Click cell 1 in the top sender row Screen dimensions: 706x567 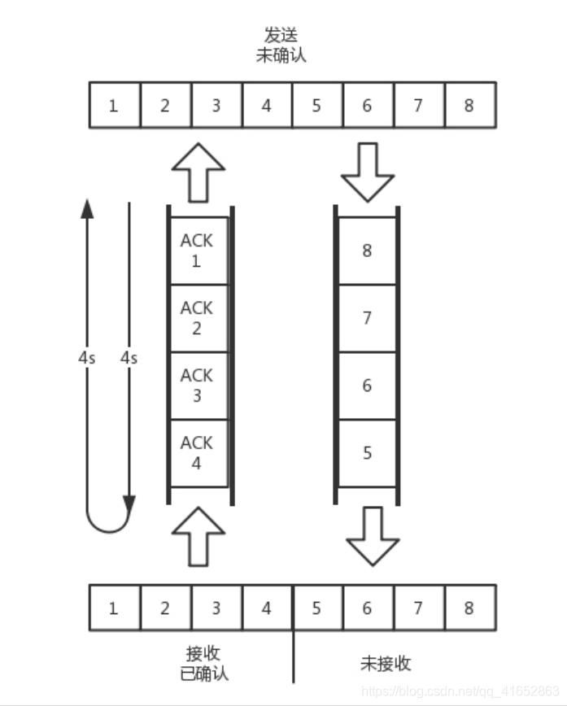(x=113, y=105)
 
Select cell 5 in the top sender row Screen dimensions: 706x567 (x=316, y=105)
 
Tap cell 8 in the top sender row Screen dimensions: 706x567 (x=469, y=105)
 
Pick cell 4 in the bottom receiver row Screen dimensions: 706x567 (x=266, y=608)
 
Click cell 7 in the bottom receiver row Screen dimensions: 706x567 (x=418, y=608)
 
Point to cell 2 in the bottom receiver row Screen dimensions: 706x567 (x=164, y=608)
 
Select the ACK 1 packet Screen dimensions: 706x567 (x=197, y=251)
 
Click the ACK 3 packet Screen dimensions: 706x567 (x=197, y=386)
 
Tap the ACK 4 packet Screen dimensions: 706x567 (x=197, y=453)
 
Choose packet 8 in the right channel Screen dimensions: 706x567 (x=367, y=251)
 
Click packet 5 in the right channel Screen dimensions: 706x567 (x=367, y=453)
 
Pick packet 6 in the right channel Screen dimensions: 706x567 (x=367, y=386)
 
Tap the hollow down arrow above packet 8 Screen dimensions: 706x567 (x=368, y=172)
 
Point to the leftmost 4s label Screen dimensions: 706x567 (x=87, y=357)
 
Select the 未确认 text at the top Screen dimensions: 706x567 (x=280, y=55)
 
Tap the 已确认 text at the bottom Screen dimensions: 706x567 (x=205, y=673)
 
